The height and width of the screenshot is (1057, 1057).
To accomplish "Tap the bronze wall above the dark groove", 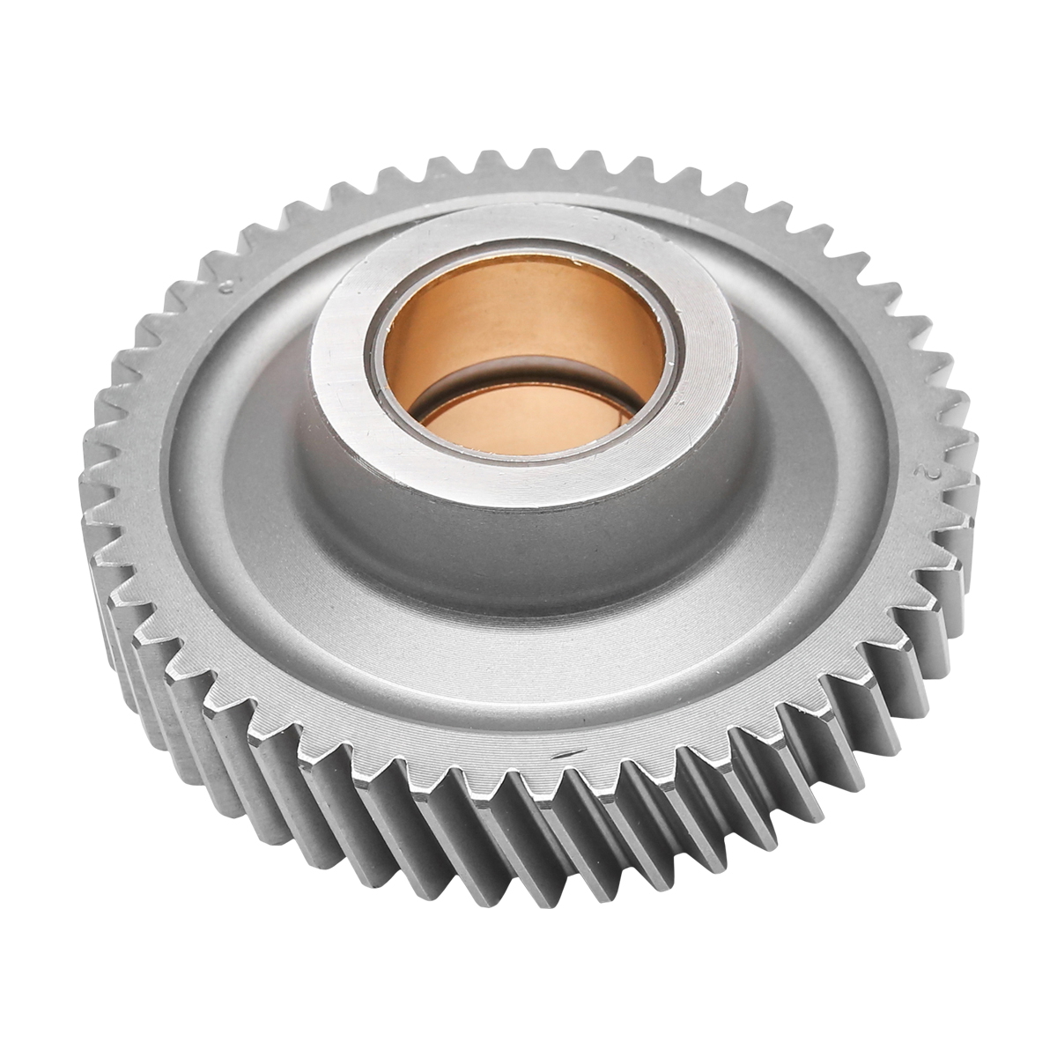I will (528, 317).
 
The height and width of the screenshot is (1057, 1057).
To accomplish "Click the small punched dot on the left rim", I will (226, 284).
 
